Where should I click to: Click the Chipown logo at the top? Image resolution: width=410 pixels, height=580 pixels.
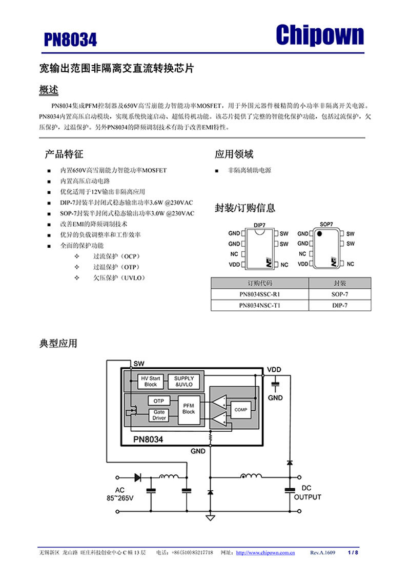320,35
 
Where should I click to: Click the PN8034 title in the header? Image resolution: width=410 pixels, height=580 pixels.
70,40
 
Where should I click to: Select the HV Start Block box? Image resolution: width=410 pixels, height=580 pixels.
151,381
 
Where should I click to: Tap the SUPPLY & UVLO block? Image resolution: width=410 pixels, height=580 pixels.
183,381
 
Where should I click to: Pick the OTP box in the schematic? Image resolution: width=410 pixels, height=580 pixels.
158,401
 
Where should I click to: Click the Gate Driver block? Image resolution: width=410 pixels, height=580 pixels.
159,415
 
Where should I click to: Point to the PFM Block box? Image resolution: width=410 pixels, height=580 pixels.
189,408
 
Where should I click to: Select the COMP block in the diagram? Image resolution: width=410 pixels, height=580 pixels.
240,410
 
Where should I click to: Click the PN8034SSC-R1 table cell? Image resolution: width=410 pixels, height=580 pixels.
260,294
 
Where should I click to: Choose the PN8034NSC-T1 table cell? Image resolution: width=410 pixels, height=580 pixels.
260,305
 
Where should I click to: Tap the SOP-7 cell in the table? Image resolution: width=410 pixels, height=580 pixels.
339,294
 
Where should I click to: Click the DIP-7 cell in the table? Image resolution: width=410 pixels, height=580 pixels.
339,305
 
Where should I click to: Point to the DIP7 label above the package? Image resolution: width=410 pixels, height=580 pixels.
259,225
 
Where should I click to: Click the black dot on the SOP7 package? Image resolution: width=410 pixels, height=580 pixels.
319,234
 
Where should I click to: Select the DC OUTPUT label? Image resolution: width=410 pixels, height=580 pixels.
307,492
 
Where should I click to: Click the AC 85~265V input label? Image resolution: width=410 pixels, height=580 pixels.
119,494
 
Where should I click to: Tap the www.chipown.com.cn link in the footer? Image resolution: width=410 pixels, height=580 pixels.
264,553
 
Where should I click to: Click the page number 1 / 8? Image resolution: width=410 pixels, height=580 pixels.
353,553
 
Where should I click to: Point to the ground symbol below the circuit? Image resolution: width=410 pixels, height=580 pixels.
210,518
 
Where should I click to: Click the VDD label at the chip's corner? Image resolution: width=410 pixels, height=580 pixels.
274,369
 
